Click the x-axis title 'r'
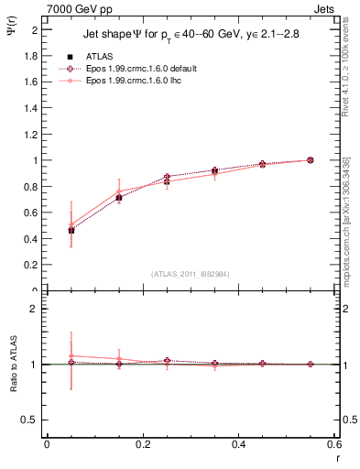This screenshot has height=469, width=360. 335,455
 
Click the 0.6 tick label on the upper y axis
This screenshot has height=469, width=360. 33,213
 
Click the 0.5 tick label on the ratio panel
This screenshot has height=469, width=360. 33,420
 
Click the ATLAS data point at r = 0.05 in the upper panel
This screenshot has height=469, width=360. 71,230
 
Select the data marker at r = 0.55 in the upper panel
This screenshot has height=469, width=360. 311,160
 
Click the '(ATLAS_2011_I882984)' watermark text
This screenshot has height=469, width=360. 190,274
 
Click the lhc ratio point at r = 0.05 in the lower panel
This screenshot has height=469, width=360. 71,355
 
